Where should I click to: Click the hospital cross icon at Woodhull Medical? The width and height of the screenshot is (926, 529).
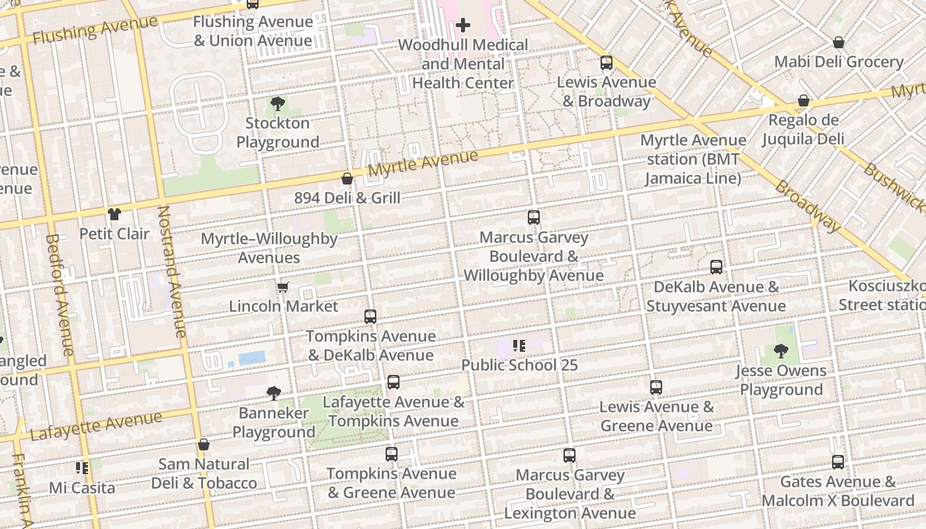(463, 26)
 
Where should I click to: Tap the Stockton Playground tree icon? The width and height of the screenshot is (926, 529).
(278, 104)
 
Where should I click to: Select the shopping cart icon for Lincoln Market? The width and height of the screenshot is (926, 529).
(283, 287)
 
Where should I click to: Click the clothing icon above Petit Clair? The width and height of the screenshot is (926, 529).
(114, 214)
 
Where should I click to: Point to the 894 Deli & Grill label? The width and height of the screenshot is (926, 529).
(347, 198)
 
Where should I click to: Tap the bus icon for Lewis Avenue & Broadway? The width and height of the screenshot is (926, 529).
(607, 63)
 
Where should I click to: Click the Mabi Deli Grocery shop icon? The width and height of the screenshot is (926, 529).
(839, 43)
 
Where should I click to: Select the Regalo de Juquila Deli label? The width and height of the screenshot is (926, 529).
(803, 130)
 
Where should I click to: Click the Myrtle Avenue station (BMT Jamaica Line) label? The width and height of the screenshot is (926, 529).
(693, 159)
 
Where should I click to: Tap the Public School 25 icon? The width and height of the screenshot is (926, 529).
(519, 345)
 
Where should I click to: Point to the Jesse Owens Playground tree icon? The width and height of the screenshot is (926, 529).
(781, 351)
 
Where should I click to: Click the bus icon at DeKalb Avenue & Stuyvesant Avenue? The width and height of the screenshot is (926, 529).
(716, 267)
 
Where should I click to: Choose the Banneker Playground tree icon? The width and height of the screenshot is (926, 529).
(274, 393)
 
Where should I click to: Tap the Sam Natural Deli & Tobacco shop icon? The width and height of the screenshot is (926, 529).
(204, 444)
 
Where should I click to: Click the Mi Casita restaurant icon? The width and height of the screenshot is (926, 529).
(82, 468)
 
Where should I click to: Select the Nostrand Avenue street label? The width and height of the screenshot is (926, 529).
(172, 271)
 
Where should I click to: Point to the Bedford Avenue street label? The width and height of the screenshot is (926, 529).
(60, 294)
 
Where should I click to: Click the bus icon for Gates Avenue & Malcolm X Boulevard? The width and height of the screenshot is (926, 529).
(838, 462)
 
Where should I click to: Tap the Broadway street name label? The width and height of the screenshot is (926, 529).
(807, 206)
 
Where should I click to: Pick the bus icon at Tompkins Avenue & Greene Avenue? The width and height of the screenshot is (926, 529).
(392, 454)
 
